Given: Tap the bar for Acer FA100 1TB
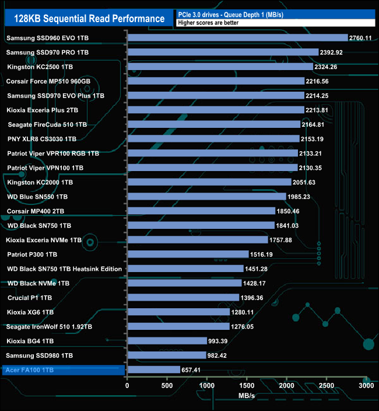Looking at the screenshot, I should [153, 370].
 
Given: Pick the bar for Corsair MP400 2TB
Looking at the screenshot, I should [201, 211].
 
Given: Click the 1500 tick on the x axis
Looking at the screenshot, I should [247, 386].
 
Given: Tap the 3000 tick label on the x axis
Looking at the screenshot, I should [366, 386].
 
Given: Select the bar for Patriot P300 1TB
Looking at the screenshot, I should [188, 254].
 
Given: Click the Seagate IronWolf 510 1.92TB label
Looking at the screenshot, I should [50, 326].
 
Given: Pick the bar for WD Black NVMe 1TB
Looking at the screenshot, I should [184, 283].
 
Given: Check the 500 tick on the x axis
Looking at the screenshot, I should [167, 386].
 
